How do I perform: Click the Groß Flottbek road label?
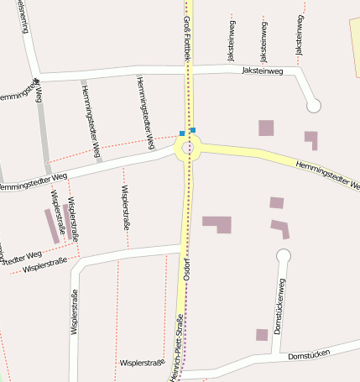pyautogui.click(x=189, y=34)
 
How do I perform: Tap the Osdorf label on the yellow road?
pyautogui.click(x=187, y=266)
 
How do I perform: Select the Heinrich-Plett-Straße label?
pyautogui.click(x=178, y=348)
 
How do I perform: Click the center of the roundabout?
pyautogui.click(x=189, y=149)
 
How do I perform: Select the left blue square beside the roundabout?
pyautogui.click(x=182, y=133)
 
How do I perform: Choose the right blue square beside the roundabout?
pyautogui.click(x=193, y=130)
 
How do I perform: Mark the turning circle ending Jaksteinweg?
pyautogui.click(x=314, y=106)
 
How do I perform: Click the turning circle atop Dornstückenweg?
pyautogui.click(x=283, y=255)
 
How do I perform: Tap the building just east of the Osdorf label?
pyautogui.click(x=217, y=223)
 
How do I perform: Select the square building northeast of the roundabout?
pyautogui.click(x=266, y=128)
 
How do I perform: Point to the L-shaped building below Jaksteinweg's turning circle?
pyautogui.click(x=311, y=139)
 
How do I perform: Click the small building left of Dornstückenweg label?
pyautogui.click(x=262, y=334)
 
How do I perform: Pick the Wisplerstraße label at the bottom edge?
pyautogui.click(x=142, y=363)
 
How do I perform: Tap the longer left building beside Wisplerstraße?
pyautogui.click(x=52, y=225)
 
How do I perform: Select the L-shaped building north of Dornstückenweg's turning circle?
pyautogui.click(x=280, y=228)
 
